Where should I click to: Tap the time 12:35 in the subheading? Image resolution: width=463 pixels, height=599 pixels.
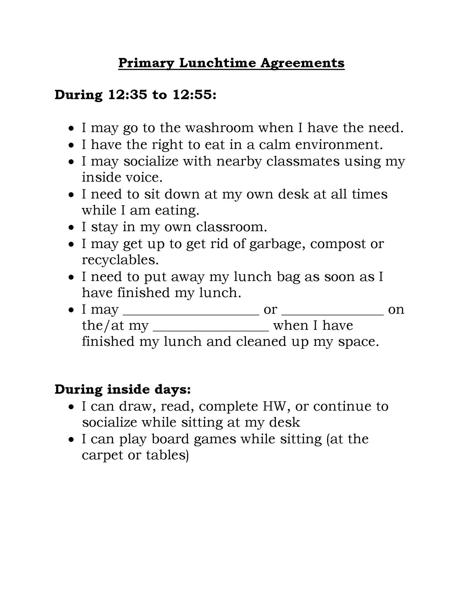tap(127, 95)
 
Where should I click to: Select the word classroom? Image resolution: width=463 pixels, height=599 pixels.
tap(232, 227)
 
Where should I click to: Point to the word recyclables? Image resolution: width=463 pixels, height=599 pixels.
tap(120, 260)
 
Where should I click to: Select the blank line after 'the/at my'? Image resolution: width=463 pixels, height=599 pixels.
tap(211, 330)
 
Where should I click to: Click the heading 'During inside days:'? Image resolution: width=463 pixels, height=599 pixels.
tap(123, 389)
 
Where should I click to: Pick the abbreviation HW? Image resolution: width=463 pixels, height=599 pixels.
tap(275, 406)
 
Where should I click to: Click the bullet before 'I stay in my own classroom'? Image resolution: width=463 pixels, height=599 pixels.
tap(72, 227)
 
